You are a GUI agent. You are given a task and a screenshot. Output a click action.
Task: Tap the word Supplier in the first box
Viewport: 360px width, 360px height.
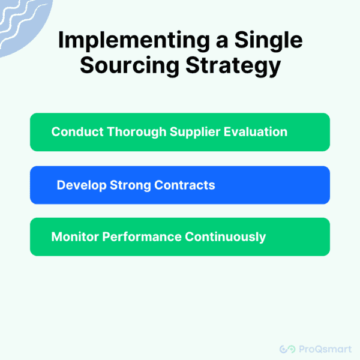click(x=182, y=132)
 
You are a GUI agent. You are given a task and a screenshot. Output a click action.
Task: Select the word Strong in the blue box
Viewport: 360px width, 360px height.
click(x=128, y=185)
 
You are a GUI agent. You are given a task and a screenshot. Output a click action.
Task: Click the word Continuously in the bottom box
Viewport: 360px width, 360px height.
click(x=225, y=236)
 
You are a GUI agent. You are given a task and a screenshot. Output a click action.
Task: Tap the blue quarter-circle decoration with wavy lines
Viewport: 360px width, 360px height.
click(x=21, y=21)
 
